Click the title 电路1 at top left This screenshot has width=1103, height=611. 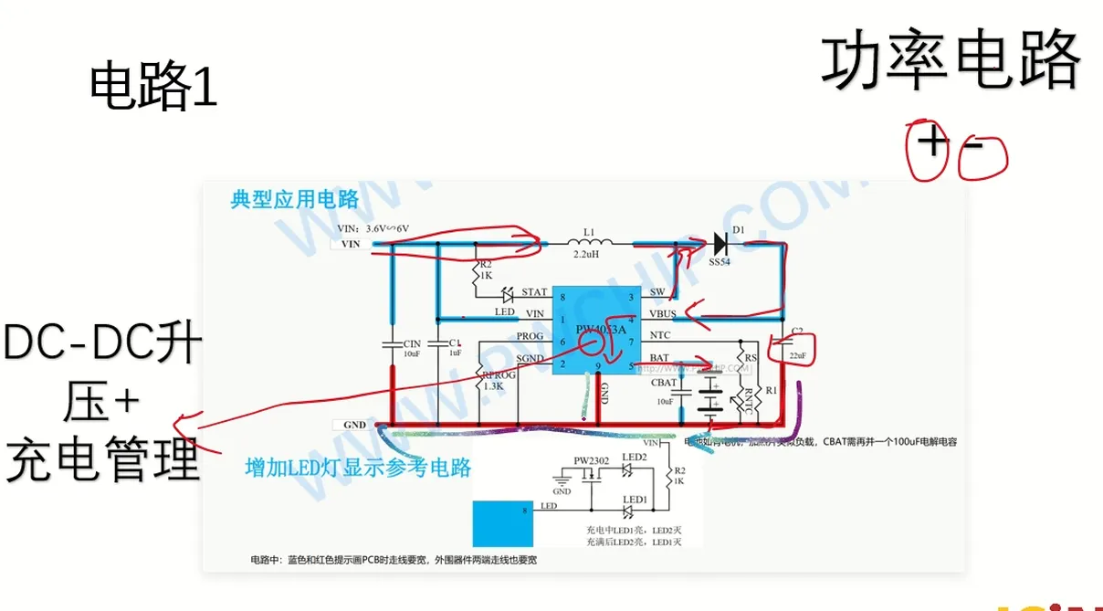click(153, 89)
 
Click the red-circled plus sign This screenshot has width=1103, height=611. click(930, 143)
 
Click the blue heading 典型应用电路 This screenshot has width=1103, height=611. click(295, 199)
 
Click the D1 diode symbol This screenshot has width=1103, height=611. click(720, 243)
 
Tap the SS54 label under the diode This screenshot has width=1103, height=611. click(720, 263)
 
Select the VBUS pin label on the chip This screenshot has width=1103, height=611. click(663, 314)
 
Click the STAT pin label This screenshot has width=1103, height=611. click(534, 293)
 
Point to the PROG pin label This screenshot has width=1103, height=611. click(530, 336)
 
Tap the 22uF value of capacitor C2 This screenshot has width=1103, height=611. click(797, 355)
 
